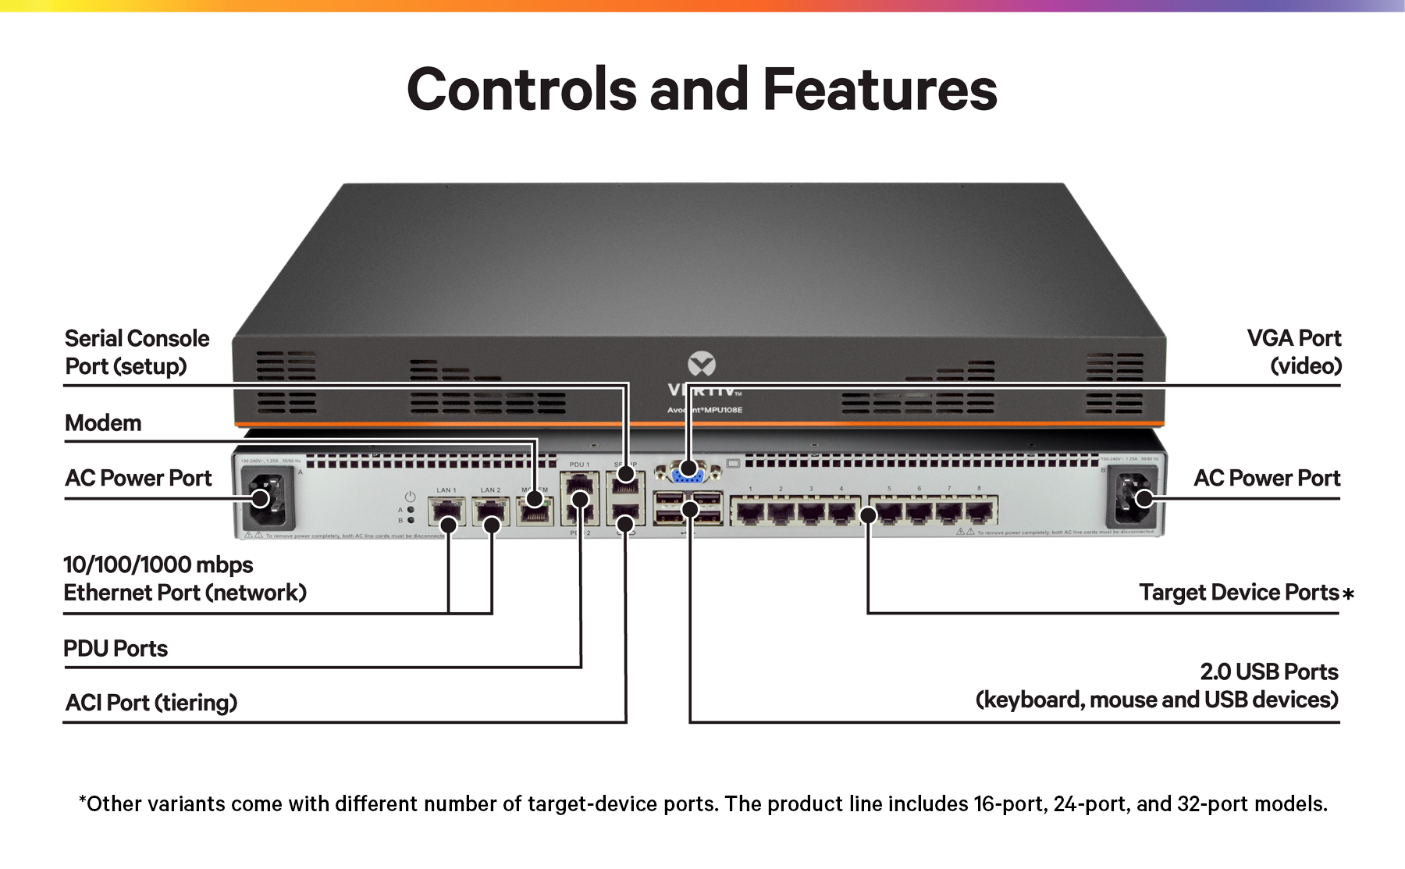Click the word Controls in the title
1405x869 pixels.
point(521,89)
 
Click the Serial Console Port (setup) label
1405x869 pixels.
point(137,352)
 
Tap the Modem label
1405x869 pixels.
point(103,423)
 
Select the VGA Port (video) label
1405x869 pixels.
point(1293,352)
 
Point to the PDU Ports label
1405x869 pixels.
point(116,649)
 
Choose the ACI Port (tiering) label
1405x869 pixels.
point(151,703)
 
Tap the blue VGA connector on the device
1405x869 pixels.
point(686,472)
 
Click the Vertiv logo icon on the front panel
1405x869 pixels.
point(702,364)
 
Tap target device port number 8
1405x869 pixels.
point(980,513)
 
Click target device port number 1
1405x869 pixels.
point(750,513)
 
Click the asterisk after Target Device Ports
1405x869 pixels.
point(1348,595)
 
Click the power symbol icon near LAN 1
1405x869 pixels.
point(410,497)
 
